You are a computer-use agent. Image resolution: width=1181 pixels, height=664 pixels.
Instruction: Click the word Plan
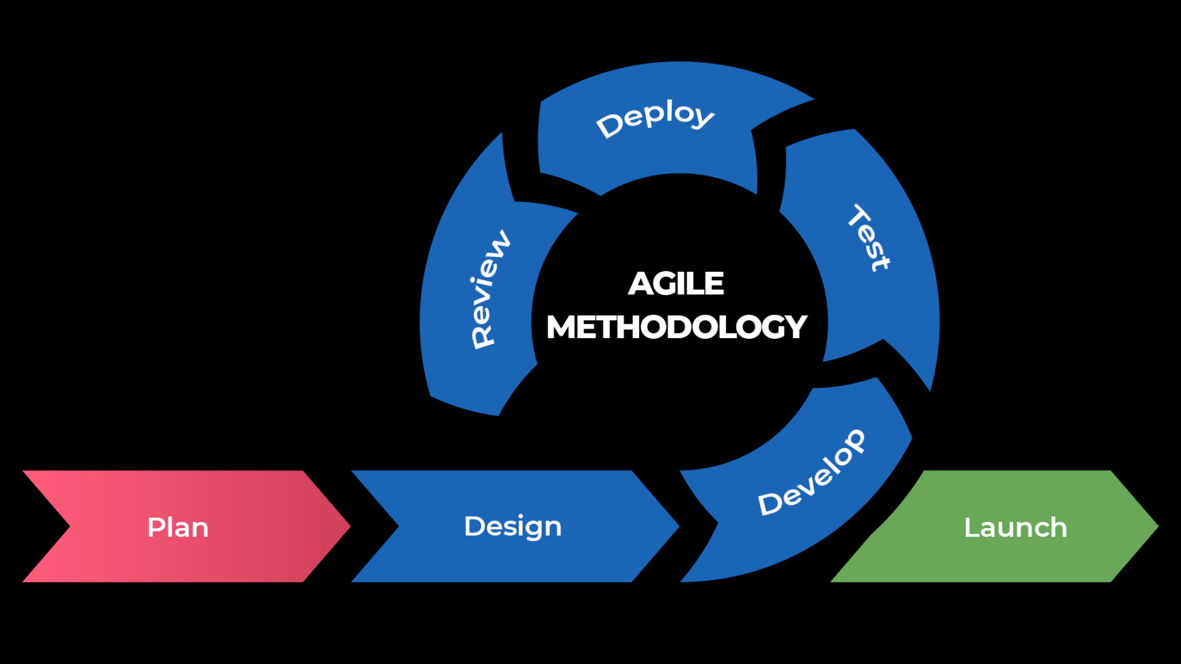178,527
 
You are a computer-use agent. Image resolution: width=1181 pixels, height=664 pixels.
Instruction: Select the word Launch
1016,527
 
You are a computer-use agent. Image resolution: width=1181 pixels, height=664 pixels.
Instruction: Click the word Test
869,237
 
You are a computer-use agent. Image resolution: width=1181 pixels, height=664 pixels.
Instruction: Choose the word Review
490,289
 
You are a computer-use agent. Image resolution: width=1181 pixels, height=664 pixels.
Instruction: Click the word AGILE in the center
676,283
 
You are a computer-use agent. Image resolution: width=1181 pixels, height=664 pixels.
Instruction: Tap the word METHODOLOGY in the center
677,327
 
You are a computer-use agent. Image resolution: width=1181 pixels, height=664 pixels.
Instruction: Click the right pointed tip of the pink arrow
350,526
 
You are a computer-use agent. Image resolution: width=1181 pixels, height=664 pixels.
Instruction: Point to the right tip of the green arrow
1158,526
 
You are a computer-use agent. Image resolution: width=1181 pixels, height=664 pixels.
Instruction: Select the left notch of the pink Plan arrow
70,526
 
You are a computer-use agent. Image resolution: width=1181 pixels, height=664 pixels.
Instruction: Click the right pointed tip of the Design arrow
679,526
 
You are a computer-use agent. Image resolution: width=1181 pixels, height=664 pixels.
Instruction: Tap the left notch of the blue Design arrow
398,526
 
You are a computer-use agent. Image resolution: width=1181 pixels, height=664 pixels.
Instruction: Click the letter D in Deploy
608,126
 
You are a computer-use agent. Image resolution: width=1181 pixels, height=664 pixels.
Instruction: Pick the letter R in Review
483,337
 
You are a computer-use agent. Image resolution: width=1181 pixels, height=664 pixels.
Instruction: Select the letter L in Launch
972,527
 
